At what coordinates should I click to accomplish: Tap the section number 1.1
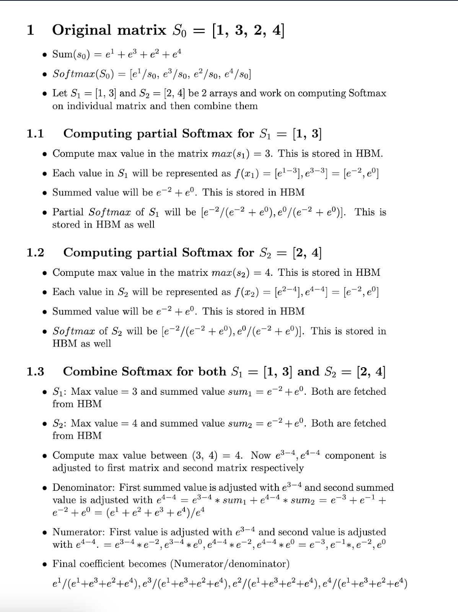click(x=35, y=134)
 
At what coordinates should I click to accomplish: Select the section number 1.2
click(x=35, y=253)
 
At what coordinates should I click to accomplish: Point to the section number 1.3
click(x=35, y=372)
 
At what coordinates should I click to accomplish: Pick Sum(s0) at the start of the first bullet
click(x=71, y=55)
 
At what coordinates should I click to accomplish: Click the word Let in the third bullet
click(x=60, y=93)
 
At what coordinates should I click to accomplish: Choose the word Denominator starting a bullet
click(x=83, y=488)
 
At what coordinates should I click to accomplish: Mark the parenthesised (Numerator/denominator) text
click(x=230, y=564)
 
